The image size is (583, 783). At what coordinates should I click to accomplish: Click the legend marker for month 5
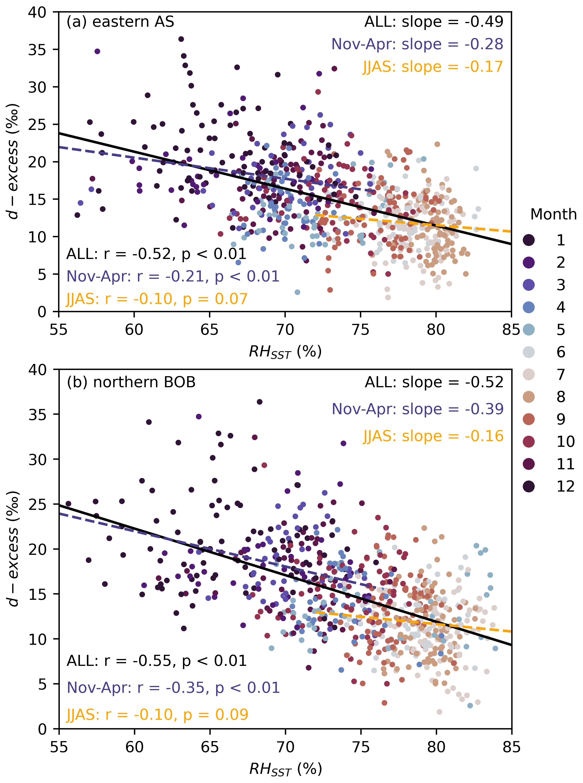528,330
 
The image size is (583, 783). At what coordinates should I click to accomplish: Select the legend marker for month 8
528,397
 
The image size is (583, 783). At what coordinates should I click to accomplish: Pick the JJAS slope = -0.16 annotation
433,436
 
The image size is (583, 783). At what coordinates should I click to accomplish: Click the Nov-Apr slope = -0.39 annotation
417,409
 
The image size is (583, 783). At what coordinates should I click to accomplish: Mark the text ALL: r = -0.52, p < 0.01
156,254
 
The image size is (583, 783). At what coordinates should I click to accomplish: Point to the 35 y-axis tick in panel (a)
37,50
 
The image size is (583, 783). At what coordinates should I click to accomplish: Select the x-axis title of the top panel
285,352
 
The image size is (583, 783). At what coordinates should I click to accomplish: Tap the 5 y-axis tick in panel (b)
41,684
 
